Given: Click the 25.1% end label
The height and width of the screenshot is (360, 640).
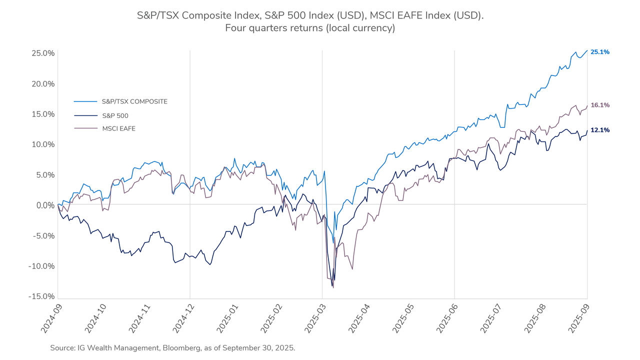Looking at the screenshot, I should click(599, 52).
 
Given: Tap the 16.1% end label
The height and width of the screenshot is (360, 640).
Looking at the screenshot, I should click(599, 105).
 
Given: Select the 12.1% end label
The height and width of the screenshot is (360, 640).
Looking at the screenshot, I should click(599, 130).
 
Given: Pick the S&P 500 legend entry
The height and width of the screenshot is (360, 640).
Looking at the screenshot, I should click(115, 115).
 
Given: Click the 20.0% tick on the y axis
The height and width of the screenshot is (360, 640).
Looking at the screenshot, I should click(42, 83).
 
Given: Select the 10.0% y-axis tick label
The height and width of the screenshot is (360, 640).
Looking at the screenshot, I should click(42, 144).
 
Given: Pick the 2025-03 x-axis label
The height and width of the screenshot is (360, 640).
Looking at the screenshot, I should click(315, 320).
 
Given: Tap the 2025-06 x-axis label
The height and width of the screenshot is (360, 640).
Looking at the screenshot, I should click(447, 320).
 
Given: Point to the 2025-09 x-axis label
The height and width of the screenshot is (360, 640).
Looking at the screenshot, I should click(580, 320).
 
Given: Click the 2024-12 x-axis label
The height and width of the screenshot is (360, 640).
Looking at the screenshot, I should click(183, 320).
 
